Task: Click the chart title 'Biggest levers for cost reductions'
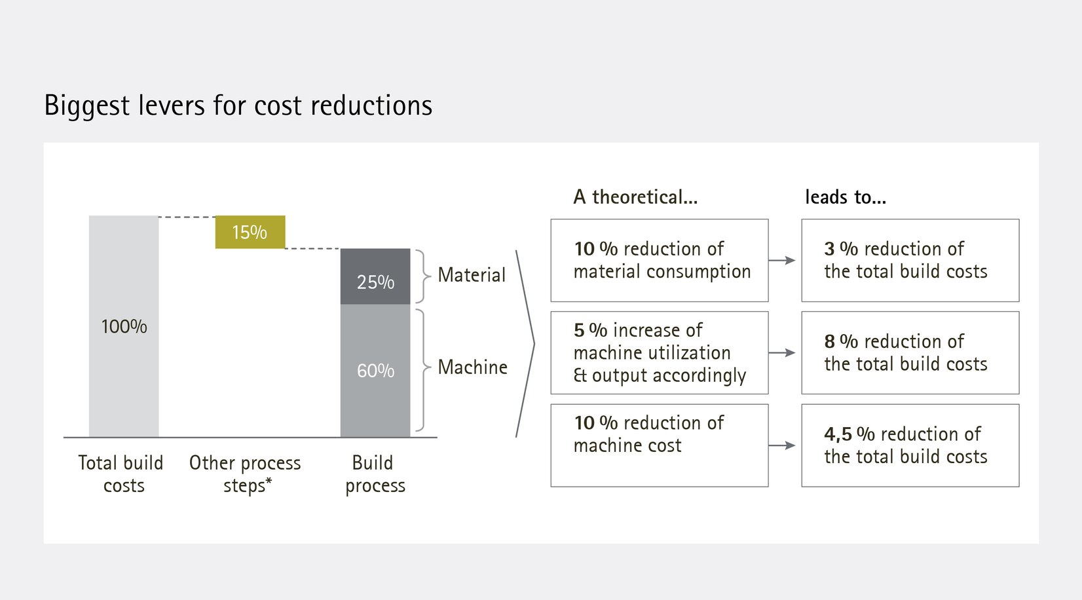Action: (x=238, y=105)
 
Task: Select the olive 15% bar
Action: (x=250, y=232)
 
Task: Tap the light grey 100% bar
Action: (x=124, y=326)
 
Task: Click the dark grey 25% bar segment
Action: (x=375, y=277)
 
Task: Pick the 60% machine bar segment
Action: (x=375, y=371)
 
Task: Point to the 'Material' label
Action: (x=472, y=275)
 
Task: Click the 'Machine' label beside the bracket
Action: (x=472, y=367)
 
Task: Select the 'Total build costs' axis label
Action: (x=121, y=474)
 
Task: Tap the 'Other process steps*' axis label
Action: (x=245, y=474)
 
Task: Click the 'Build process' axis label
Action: (x=375, y=474)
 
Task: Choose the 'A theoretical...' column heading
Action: (x=635, y=197)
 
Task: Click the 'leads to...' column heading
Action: (x=846, y=197)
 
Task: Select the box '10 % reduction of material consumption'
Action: (x=659, y=260)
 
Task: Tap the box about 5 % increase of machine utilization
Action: (x=659, y=352)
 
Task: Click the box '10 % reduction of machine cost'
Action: (x=659, y=445)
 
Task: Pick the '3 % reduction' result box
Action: (x=910, y=260)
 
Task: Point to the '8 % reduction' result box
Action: (x=910, y=352)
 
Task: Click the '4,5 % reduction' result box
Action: (x=910, y=445)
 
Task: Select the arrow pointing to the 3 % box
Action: (x=782, y=260)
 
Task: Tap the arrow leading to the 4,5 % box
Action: (x=782, y=445)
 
